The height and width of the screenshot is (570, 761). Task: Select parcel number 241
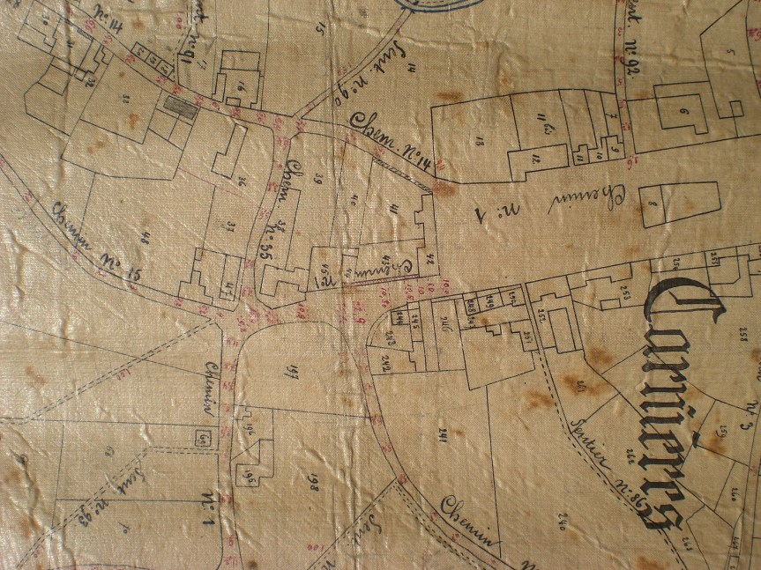(x=458, y=431)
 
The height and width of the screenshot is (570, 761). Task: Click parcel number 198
(x=312, y=480)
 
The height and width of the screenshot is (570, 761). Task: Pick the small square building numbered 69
(x=204, y=437)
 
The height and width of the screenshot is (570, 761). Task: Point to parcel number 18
(x=480, y=139)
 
